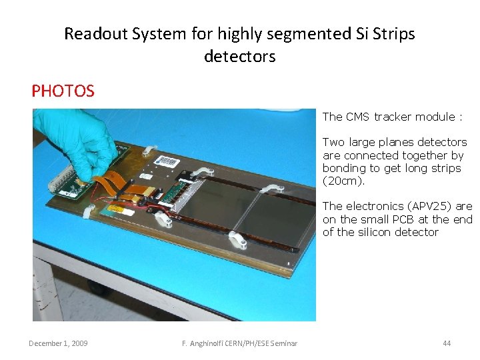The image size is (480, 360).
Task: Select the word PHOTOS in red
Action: click(x=63, y=91)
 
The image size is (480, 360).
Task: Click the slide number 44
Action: click(x=447, y=343)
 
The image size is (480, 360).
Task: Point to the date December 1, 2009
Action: click(x=58, y=343)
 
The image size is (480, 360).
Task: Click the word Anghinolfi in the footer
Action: click(x=213, y=343)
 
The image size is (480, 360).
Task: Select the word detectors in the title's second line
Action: click(x=239, y=57)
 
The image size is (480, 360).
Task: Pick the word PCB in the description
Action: click(x=403, y=219)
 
